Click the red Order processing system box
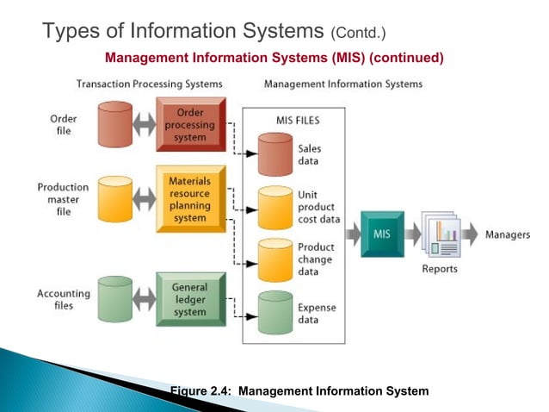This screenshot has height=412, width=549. click(x=190, y=125)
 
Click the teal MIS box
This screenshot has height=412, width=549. click(x=381, y=234)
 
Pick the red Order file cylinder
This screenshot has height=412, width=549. click(x=115, y=124)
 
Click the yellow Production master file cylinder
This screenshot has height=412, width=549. click(x=115, y=198)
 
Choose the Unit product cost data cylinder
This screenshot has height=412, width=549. click(x=275, y=207)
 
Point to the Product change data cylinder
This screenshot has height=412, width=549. click(x=275, y=259)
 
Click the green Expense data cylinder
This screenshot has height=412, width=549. click(x=275, y=313)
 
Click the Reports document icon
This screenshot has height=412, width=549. click(x=441, y=234)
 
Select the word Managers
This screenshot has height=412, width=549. click(x=508, y=234)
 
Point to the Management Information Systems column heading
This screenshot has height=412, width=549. click(x=343, y=84)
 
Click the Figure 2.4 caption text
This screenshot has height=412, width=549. click(x=299, y=391)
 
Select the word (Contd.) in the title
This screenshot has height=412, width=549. click(x=359, y=34)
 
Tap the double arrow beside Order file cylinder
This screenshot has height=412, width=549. click(x=145, y=125)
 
